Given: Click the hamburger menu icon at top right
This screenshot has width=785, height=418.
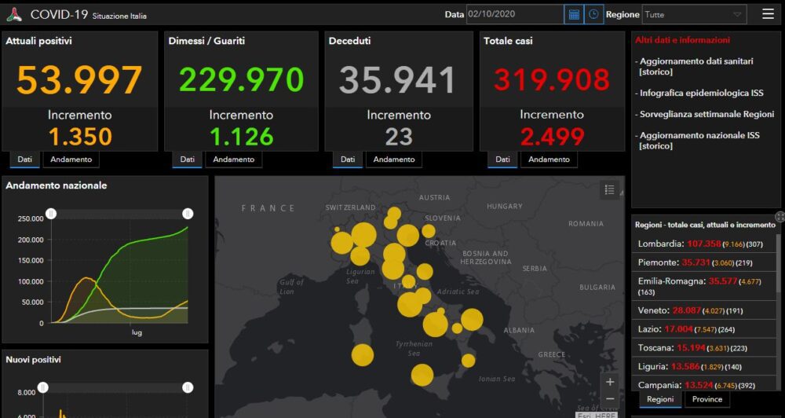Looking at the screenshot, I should tap(768, 14).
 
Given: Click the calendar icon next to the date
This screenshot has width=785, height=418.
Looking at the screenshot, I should tap(574, 14).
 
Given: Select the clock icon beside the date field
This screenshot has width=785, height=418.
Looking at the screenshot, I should tap(594, 14).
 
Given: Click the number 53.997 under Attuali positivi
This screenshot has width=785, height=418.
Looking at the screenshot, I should tap(79, 80).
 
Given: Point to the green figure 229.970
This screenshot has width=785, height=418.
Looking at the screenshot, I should tap(241, 80).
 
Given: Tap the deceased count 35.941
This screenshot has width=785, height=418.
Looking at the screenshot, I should tap(398, 80).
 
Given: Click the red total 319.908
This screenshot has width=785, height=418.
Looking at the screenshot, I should tap(552, 80).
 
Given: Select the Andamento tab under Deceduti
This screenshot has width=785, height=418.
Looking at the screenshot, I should tap(394, 159).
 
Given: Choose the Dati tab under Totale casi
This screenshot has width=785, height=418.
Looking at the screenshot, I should tap(502, 159).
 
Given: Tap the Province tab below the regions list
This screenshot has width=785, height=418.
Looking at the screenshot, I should tap(707, 399).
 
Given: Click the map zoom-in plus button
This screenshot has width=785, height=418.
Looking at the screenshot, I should tap(610, 383).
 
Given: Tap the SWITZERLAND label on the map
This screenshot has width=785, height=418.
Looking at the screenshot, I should tap(350, 207).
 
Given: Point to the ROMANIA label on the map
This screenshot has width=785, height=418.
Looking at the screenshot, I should tap(586, 224).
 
